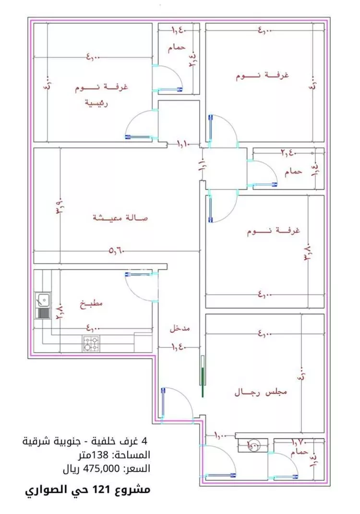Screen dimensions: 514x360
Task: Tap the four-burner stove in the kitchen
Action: [92, 343]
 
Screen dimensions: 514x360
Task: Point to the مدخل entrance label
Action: [180, 329]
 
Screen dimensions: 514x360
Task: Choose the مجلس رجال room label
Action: [261, 392]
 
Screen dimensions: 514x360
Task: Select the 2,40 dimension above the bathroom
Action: [288, 153]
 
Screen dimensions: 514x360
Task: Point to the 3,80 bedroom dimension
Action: [308, 251]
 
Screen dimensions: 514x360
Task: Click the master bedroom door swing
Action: [140, 124]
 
